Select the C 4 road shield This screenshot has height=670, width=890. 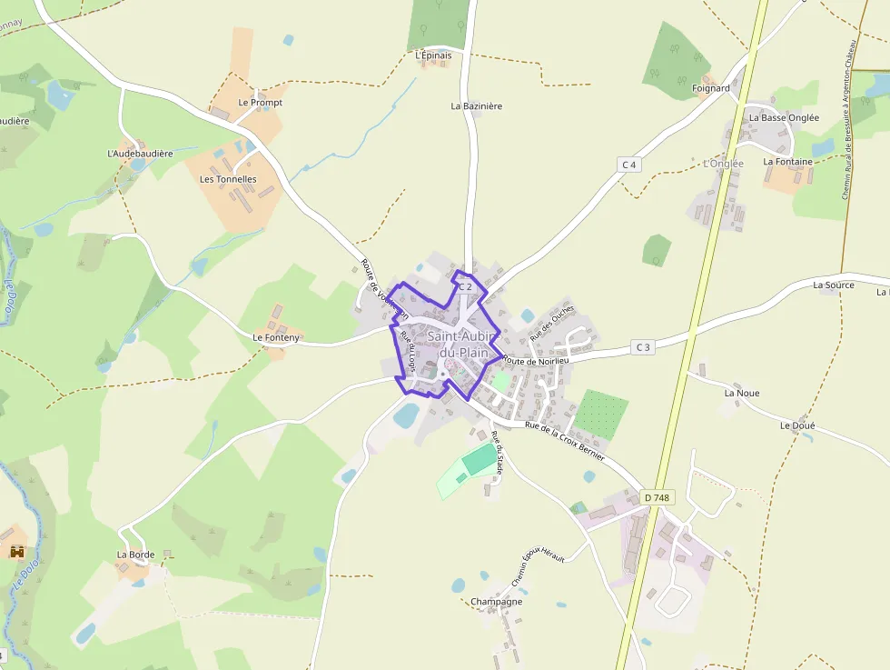pyautogui.click(x=629, y=165)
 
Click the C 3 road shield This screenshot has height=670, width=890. pyautogui.click(x=643, y=347)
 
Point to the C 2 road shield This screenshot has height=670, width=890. pyautogui.click(x=465, y=286)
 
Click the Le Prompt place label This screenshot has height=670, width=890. pyautogui.click(x=260, y=103)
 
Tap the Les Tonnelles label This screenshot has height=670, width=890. pyautogui.click(x=228, y=179)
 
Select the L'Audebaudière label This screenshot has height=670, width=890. pyautogui.click(x=140, y=154)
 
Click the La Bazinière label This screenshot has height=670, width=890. pyautogui.click(x=476, y=106)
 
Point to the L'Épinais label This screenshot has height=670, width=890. pyautogui.click(x=432, y=55)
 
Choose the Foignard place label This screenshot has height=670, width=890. pyautogui.click(x=710, y=88)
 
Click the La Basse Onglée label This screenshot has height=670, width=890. pyautogui.click(x=784, y=118)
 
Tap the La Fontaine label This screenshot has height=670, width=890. pyautogui.click(x=787, y=162)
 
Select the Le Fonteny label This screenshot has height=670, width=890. pyautogui.click(x=276, y=338)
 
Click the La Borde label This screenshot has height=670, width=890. pyautogui.click(x=135, y=555)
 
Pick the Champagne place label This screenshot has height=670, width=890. pyautogui.click(x=496, y=602)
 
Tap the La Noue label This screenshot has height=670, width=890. pyautogui.click(x=742, y=394)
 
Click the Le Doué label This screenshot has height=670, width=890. pyautogui.click(x=797, y=425)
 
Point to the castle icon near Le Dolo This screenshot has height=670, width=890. pyautogui.click(x=16, y=552)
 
